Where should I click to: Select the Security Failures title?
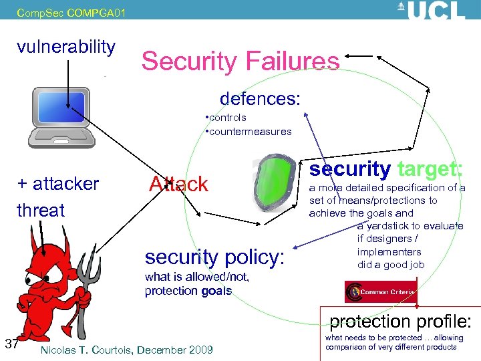pyautogui.click(x=240, y=62)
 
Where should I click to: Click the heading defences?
pyautogui.click(x=260, y=98)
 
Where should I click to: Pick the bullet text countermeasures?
pyautogui.click(x=251, y=131)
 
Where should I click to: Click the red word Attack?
pyautogui.click(x=178, y=184)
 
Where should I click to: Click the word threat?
pyautogui.click(x=41, y=210)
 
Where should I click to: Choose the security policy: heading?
pyautogui.click(x=214, y=257)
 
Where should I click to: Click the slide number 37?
pyautogui.click(x=11, y=344)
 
